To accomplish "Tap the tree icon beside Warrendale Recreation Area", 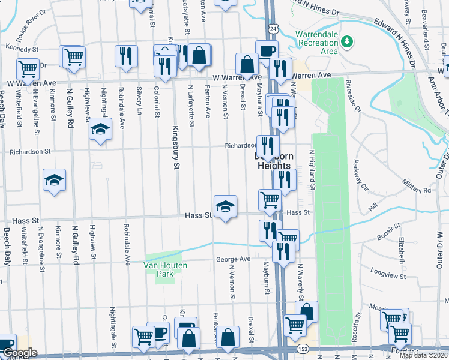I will [x=346, y=41].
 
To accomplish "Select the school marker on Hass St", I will [x=225, y=206].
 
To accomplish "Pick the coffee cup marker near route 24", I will [x=267, y=51].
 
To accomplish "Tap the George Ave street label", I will [x=234, y=259].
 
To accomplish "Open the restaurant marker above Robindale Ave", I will [x=126, y=56].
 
